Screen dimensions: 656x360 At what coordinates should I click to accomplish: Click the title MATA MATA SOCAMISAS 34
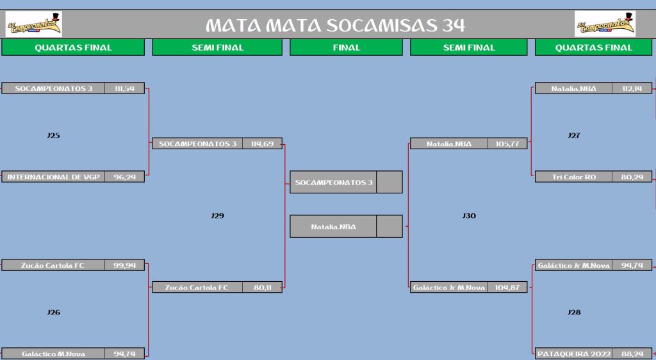pyautogui.click(x=335, y=26)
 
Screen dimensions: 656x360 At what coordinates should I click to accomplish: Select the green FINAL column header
pyautogui.click(x=346, y=47)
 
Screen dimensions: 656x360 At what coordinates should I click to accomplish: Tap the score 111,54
pyautogui.click(x=124, y=88)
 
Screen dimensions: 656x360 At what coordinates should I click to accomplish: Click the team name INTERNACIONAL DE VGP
pyautogui.click(x=54, y=177)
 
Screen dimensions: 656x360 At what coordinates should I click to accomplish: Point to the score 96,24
pyautogui.click(x=125, y=177)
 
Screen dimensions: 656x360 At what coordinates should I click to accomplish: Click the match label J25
pyautogui.click(x=54, y=135)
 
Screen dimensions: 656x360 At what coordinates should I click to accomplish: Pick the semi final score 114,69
pyautogui.click(x=262, y=144)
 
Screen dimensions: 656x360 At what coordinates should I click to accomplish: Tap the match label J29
pyautogui.click(x=218, y=216)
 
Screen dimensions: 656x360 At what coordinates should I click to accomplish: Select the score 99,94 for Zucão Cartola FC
pyautogui.click(x=125, y=265)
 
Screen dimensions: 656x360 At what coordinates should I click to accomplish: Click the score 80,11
pyautogui.click(x=262, y=288)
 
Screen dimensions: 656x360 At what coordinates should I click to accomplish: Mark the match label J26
pyautogui.click(x=54, y=313)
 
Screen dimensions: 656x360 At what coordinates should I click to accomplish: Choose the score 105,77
pyautogui.click(x=507, y=144)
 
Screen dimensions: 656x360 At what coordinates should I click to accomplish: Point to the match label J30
pyautogui.click(x=469, y=216)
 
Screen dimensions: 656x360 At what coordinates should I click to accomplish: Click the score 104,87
pyautogui.click(x=507, y=288)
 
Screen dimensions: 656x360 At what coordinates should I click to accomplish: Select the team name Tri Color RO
pyautogui.click(x=574, y=177)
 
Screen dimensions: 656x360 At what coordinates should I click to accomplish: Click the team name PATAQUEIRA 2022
pyautogui.click(x=574, y=354)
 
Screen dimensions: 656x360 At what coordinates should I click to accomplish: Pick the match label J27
pyautogui.click(x=574, y=135)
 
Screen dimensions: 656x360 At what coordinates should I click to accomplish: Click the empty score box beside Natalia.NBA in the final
pyautogui.click(x=389, y=226)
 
